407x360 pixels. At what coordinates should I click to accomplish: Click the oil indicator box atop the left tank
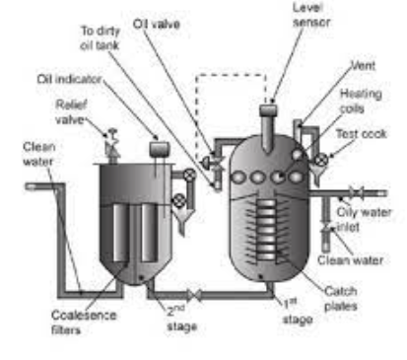tap(155, 149)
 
